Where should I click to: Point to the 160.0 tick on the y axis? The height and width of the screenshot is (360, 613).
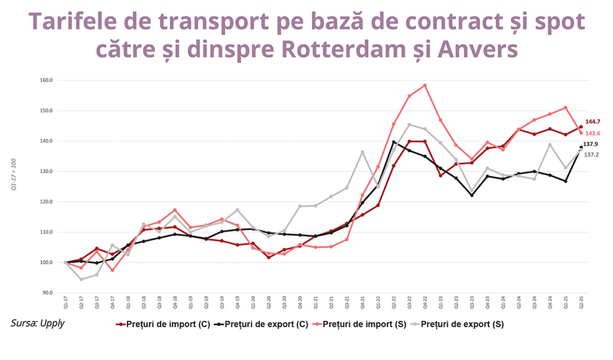(46, 80)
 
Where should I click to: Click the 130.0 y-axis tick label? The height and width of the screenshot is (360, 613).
(46, 171)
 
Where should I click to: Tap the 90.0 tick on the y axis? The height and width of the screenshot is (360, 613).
(47, 293)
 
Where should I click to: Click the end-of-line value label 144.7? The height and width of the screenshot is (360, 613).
(593, 122)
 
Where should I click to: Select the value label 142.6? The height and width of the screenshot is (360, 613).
(593, 133)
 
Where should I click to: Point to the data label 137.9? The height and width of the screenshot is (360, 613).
(591, 144)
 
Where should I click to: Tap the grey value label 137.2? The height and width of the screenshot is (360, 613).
(591, 155)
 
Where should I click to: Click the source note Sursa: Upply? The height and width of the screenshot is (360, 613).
(38, 323)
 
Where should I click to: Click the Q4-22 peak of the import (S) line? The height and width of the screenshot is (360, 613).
(425, 85)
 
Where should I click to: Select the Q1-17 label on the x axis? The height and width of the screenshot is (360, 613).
(66, 302)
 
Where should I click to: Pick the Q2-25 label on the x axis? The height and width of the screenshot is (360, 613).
(581, 302)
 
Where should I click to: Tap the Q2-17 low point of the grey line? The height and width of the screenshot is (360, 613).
(81, 279)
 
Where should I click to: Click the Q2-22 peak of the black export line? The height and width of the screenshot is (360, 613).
(393, 142)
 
